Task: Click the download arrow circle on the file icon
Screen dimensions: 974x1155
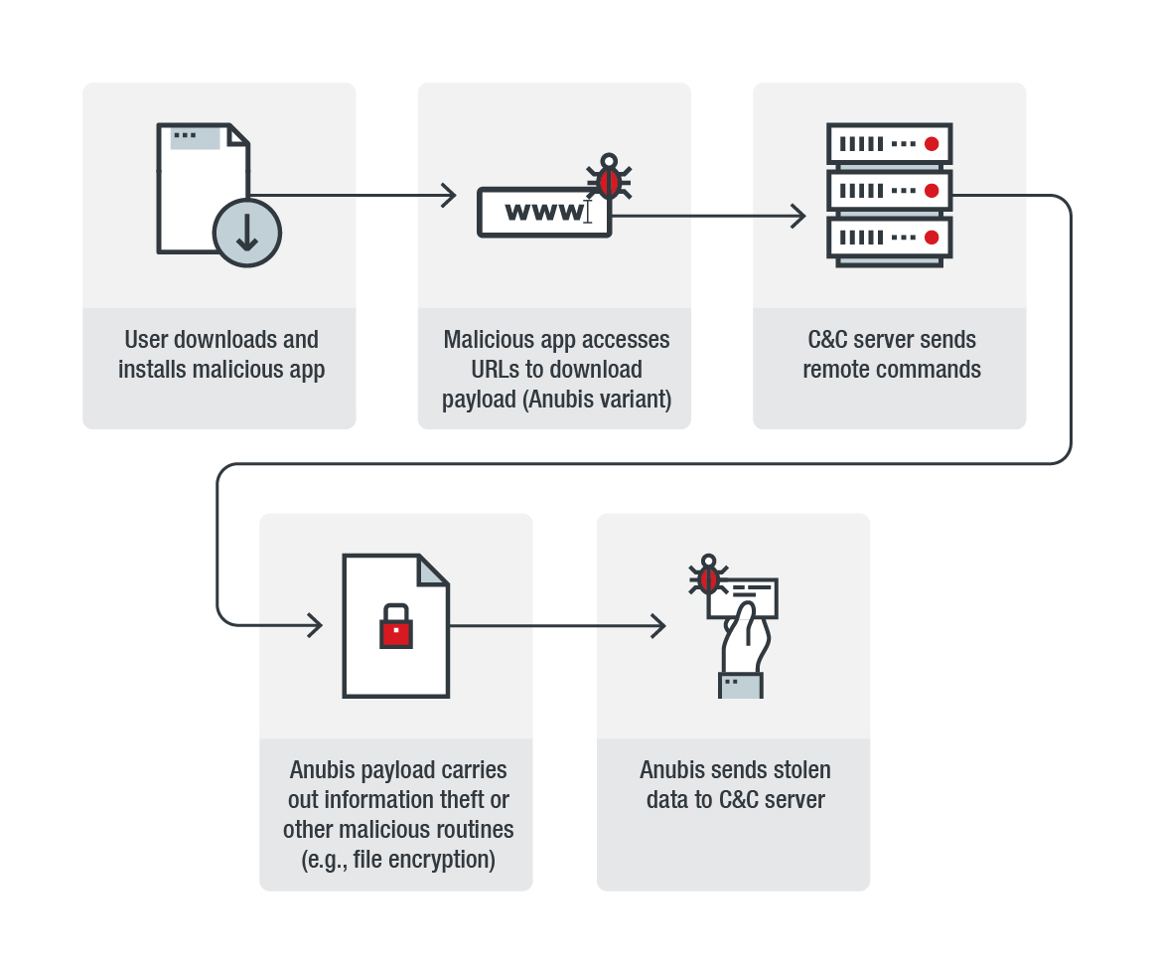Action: click(x=247, y=233)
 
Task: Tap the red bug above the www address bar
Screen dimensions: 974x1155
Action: click(x=609, y=180)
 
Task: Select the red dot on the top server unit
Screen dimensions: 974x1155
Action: click(x=932, y=144)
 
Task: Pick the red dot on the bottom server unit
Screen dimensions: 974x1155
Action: click(x=932, y=237)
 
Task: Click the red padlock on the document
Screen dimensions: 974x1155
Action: click(x=395, y=629)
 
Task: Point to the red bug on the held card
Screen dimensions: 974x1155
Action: click(x=708, y=576)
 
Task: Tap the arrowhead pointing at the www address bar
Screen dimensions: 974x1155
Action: click(x=448, y=196)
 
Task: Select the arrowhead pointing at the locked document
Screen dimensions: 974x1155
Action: click(x=315, y=625)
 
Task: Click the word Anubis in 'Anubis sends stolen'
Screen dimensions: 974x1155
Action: click(x=673, y=770)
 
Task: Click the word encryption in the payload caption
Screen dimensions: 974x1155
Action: click(x=444, y=859)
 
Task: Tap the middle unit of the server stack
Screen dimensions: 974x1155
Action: click(x=889, y=190)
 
